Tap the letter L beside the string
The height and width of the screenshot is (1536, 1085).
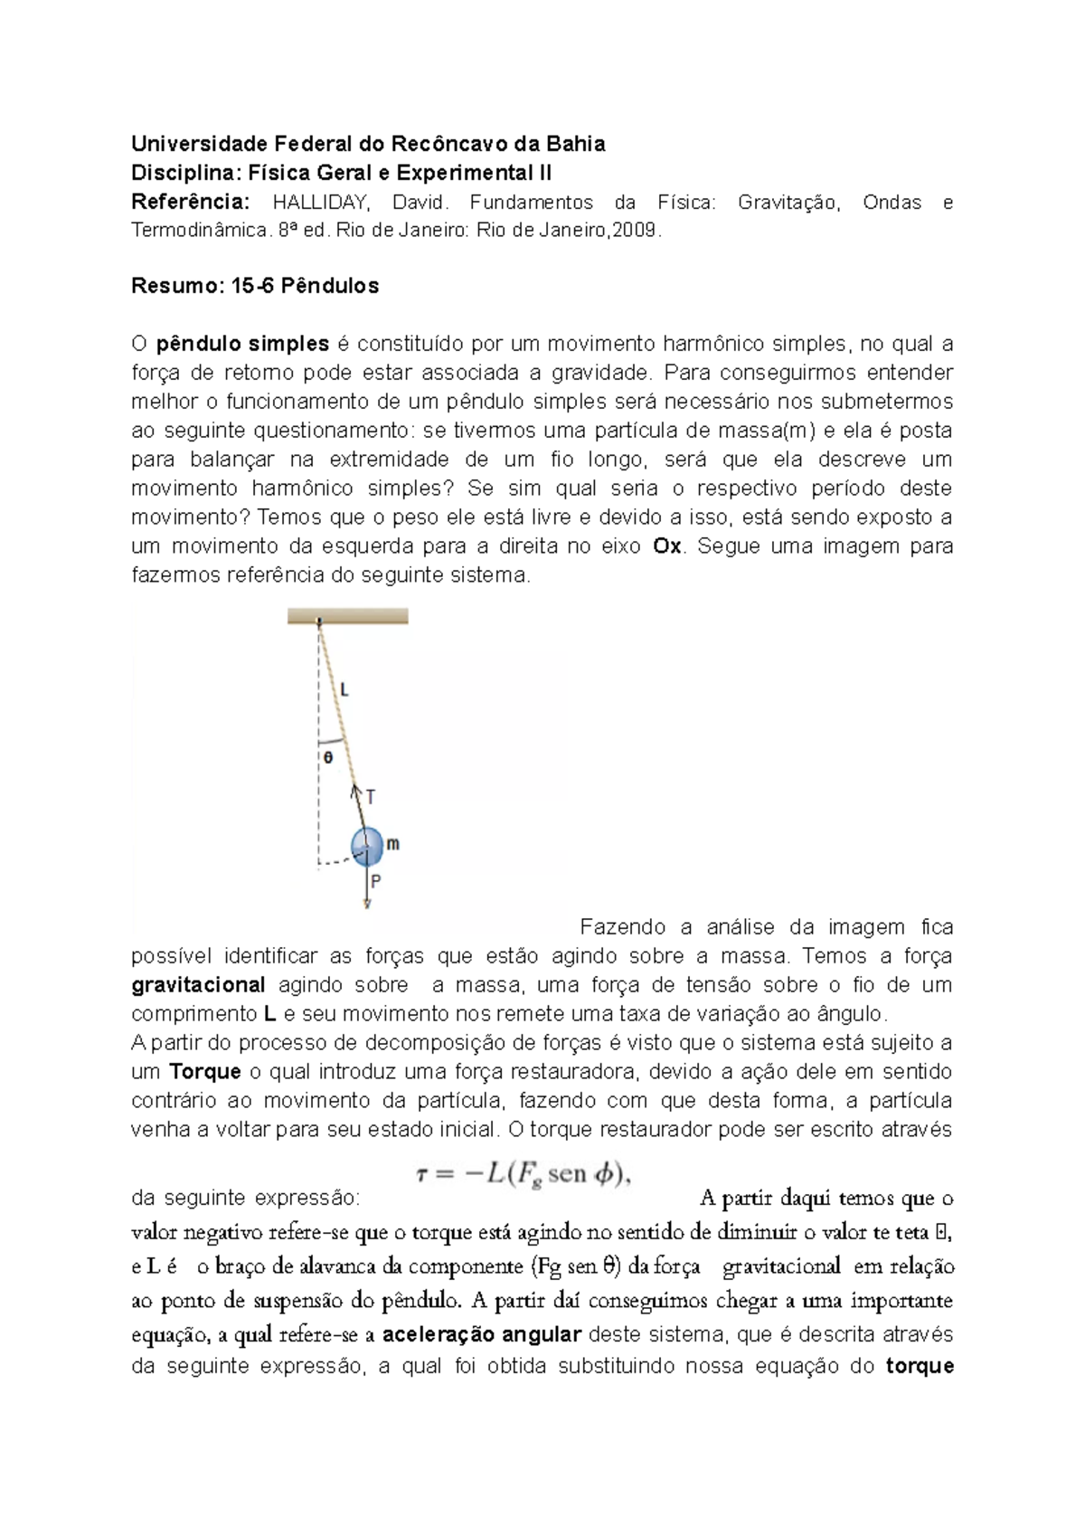click(x=344, y=690)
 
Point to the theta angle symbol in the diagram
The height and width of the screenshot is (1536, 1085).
click(x=328, y=757)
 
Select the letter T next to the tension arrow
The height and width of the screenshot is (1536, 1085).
click(x=371, y=797)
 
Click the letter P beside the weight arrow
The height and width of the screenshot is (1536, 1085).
click(x=375, y=880)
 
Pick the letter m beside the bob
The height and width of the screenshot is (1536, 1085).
click(x=393, y=844)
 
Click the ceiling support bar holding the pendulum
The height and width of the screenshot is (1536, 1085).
click(x=348, y=616)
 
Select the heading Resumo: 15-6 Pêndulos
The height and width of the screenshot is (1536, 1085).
click(x=255, y=286)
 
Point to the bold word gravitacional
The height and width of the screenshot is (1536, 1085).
click(x=198, y=985)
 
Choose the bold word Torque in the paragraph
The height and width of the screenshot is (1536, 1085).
click(x=205, y=1072)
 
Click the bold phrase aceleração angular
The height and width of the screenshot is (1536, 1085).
click(x=481, y=1334)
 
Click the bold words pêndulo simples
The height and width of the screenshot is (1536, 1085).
click(x=242, y=344)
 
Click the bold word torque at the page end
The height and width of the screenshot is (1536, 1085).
click(x=920, y=1366)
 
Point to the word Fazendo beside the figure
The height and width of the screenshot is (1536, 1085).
click(x=622, y=927)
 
